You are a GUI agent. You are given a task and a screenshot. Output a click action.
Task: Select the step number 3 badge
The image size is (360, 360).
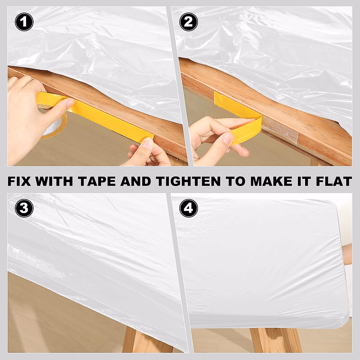click(x=24, y=208)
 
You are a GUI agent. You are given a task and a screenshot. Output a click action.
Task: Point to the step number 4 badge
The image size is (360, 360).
click(x=188, y=208)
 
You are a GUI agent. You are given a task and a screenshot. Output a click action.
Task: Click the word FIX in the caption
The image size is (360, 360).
click(x=19, y=181)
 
